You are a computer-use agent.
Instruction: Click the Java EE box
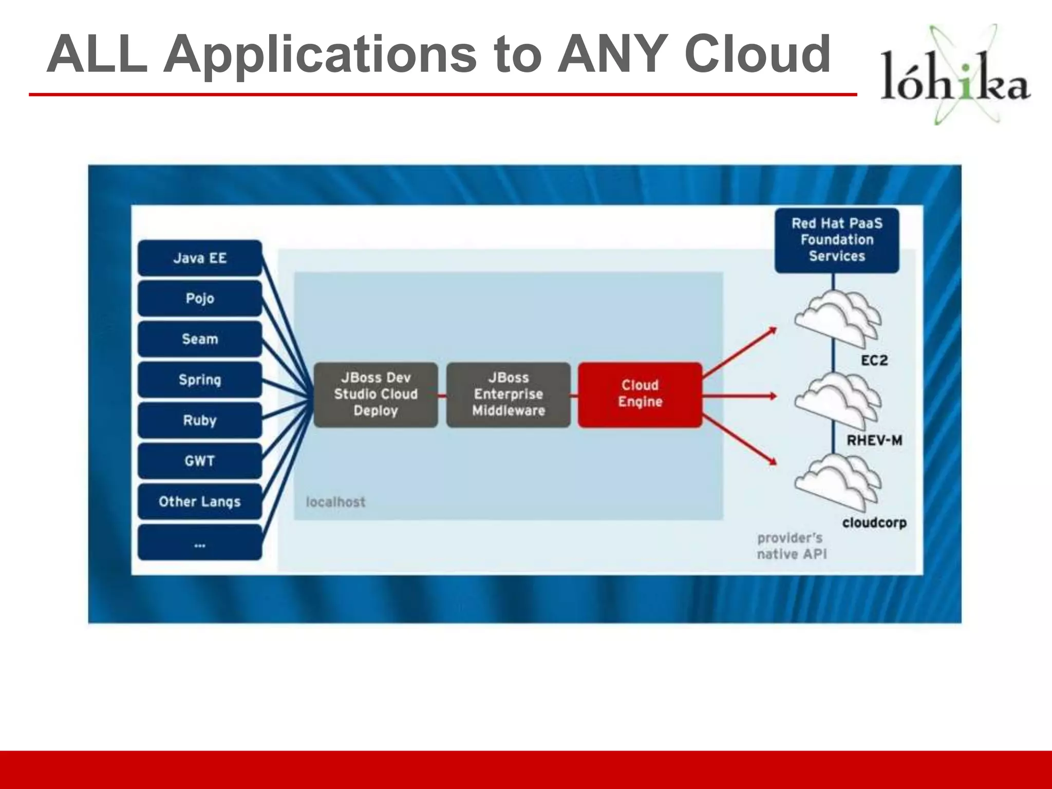tap(200, 258)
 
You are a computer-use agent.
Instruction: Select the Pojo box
tap(200, 298)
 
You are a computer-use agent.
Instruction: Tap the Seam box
tap(200, 339)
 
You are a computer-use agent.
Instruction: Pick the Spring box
tap(200, 380)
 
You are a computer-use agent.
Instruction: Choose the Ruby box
tap(200, 420)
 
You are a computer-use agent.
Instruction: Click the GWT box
tap(200, 461)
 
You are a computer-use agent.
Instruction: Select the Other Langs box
tap(200, 501)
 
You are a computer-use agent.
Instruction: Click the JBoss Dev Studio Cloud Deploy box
tap(375, 394)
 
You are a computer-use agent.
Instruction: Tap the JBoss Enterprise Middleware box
tap(509, 394)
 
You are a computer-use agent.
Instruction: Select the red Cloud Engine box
tap(640, 394)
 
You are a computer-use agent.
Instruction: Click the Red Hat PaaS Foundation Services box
tap(837, 240)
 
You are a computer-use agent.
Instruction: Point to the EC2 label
tap(874, 361)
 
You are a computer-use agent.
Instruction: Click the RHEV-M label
tap(874, 440)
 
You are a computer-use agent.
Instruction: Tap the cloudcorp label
tap(874, 523)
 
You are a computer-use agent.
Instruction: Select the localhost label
tap(335, 502)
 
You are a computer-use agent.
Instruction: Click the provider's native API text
tap(791, 546)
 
